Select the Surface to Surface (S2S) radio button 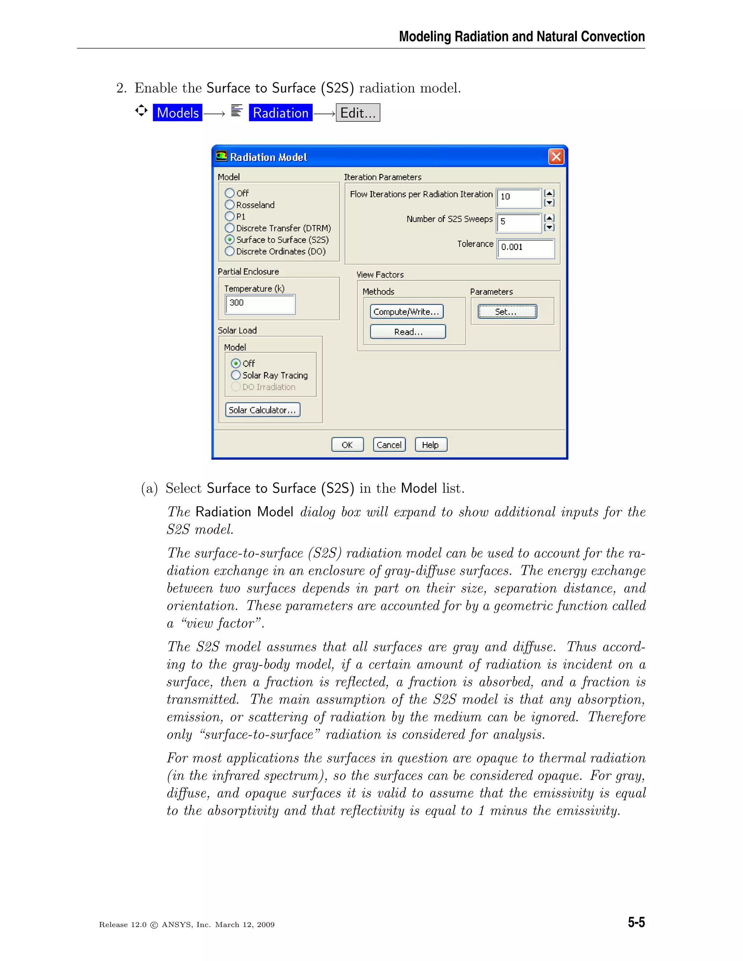click(230, 240)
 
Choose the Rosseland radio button click(230, 205)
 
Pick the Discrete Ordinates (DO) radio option click(230, 252)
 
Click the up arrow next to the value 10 click(549, 193)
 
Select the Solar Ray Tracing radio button click(236, 375)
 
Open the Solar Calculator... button click(262, 410)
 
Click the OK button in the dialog click(347, 445)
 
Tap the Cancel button click(389, 445)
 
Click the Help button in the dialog click(431, 445)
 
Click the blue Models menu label click(177, 113)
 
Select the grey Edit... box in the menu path click(357, 113)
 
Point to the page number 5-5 click(636, 922)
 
